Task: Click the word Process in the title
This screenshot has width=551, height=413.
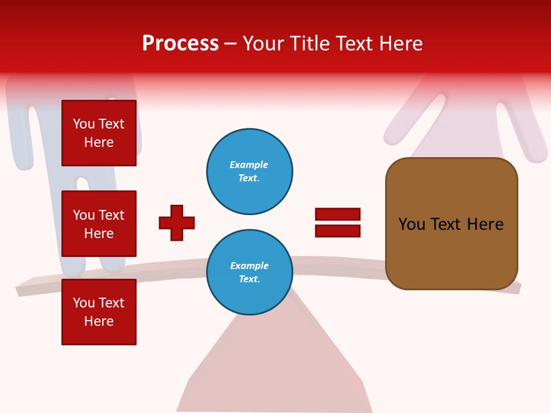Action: click(x=180, y=44)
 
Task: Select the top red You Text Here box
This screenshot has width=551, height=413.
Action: click(x=99, y=133)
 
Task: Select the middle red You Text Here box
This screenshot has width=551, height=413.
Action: click(x=99, y=224)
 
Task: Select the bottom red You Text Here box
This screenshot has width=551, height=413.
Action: click(x=99, y=312)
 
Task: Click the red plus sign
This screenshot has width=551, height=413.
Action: click(x=177, y=223)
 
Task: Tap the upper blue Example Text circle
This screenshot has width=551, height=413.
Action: click(x=250, y=172)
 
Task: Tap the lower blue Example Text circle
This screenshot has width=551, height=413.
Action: click(x=250, y=272)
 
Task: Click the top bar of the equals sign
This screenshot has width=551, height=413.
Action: click(x=337, y=215)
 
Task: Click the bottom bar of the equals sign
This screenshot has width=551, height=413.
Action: click(x=337, y=231)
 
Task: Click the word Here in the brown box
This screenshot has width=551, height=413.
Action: click(x=485, y=224)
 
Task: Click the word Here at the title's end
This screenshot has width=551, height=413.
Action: click(x=400, y=44)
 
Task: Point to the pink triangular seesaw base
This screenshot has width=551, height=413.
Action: click(x=275, y=367)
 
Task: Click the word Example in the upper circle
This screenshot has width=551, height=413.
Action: click(x=249, y=165)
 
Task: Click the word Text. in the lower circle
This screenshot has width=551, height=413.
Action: click(x=249, y=279)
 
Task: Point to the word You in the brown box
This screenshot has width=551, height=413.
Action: click(x=412, y=224)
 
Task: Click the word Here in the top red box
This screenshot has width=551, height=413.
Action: click(x=99, y=142)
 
